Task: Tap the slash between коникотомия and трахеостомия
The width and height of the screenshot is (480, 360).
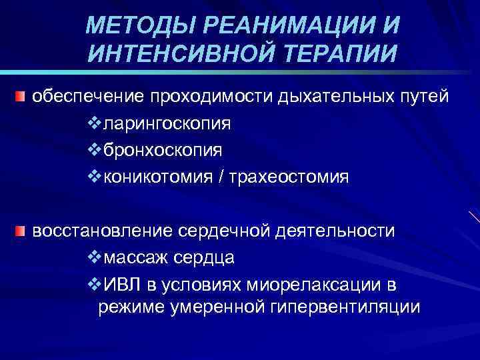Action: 229,177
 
